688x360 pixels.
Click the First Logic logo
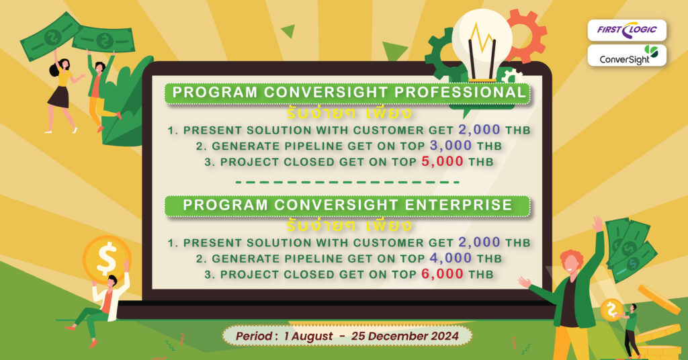pos(626,30)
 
